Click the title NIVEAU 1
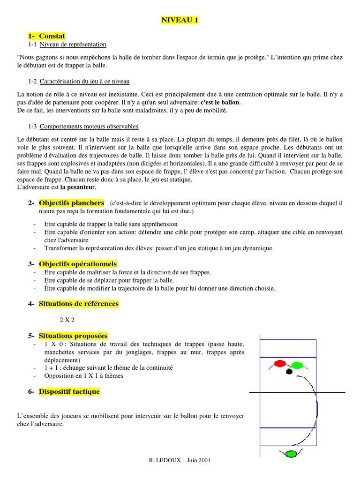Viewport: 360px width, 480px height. click(x=180, y=20)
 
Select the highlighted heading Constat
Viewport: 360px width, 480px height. click(x=52, y=36)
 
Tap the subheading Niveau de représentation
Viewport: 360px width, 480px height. click(x=73, y=45)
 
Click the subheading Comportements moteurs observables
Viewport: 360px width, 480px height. click(x=89, y=127)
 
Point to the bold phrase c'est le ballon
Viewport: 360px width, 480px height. click(x=220, y=102)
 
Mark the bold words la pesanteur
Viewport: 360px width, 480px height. click(x=78, y=187)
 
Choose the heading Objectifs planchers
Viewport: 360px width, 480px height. click(x=71, y=203)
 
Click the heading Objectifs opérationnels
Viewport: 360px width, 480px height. click(x=77, y=264)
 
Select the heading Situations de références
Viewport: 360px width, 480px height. click(x=78, y=304)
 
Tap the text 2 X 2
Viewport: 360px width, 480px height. click(x=67, y=320)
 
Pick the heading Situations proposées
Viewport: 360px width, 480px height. click(x=73, y=336)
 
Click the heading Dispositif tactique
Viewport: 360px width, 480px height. click(x=69, y=391)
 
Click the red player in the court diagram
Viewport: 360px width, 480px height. click(x=280, y=363)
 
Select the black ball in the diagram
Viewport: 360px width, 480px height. click(x=289, y=372)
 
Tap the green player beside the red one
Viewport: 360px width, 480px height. click(x=297, y=365)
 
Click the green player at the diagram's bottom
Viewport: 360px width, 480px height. click(x=291, y=453)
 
